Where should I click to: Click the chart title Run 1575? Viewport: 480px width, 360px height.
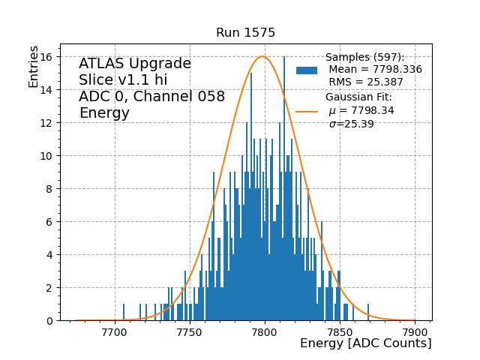pos(245,33)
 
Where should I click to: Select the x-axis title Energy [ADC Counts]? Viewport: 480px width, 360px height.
pos(365,343)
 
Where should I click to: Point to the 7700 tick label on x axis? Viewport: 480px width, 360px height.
pos(114,332)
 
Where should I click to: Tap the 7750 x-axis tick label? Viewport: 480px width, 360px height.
pos(190,332)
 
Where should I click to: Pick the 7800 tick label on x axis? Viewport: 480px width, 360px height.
pos(265,332)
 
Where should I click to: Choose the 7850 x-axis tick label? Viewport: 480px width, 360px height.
pos(340,332)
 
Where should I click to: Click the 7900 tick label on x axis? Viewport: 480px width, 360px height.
pos(415,332)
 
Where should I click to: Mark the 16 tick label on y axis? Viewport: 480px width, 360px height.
pos(44,57)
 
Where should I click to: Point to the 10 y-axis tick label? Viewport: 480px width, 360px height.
pos(44,156)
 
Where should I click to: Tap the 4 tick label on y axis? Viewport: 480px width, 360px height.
pos(48,255)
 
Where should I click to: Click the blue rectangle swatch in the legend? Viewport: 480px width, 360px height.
pos(307,70)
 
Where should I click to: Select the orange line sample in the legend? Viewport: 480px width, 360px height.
pos(307,111)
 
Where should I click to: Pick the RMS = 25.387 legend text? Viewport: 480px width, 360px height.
pos(366,82)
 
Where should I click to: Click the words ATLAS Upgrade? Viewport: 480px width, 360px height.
pos(135,64)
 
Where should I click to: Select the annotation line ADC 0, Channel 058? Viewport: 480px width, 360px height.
pos(151,97)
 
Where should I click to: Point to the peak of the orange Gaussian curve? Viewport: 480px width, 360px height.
pos(262,56)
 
